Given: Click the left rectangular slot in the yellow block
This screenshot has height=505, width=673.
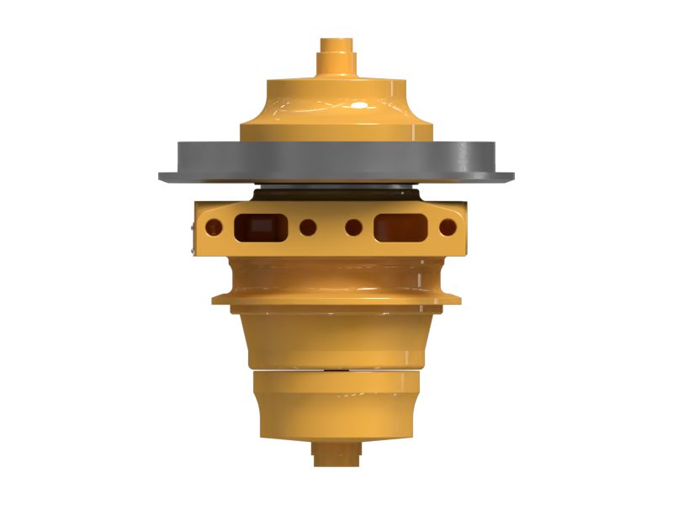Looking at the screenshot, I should (x=258, y=226).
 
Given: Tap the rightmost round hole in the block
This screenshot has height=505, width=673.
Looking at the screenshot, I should (x=448, y=227).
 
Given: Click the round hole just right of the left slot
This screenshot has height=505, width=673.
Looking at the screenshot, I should (x=308, y=227).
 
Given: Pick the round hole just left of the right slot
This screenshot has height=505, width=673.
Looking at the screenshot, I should (x=353, y=227).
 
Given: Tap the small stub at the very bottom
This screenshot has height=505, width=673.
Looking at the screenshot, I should (x=336, y=454).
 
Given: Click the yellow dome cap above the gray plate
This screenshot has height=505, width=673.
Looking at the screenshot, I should (x=336, y=109).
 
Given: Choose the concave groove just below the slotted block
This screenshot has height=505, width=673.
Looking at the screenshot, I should (x=336, y=274).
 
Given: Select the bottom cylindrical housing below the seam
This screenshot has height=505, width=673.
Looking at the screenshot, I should (x=336, y=404).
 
